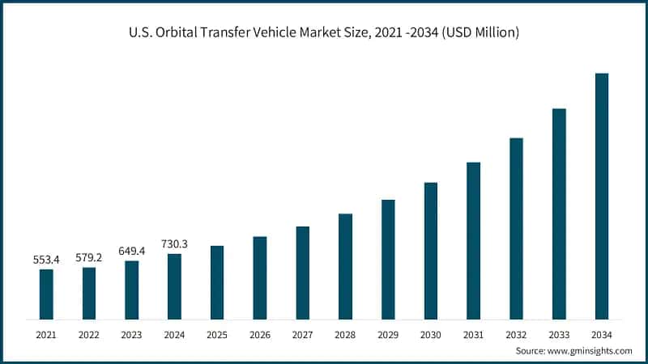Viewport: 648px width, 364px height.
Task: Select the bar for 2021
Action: (x=46, y=294)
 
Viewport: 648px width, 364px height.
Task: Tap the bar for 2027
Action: (x=303, y=273)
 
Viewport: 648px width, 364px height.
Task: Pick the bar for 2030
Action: (x=431, y=251)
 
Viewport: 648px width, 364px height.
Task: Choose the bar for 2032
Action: (x=516, y=228)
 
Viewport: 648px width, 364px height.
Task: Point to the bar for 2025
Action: (x=217, y=282)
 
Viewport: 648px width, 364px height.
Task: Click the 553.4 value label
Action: (x=46, y=260)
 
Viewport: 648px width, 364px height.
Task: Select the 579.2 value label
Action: (x=89, y=258)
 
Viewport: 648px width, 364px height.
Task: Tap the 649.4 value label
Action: (x=132, y=251)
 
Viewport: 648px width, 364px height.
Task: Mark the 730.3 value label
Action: (x=174, y=243)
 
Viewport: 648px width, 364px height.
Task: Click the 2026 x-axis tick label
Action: (x=260, y=334)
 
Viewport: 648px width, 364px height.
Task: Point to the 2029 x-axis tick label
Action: (x=388, y=334)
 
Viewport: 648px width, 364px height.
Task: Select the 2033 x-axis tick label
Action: (x=559, y=334)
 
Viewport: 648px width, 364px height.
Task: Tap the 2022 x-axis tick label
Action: (x=89, y=334)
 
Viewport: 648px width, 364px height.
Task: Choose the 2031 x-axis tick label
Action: (x=474, y=334)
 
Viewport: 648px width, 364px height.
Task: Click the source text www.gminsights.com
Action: (x=589, y=351)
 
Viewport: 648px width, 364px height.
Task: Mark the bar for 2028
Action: (x=345, y=266)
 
